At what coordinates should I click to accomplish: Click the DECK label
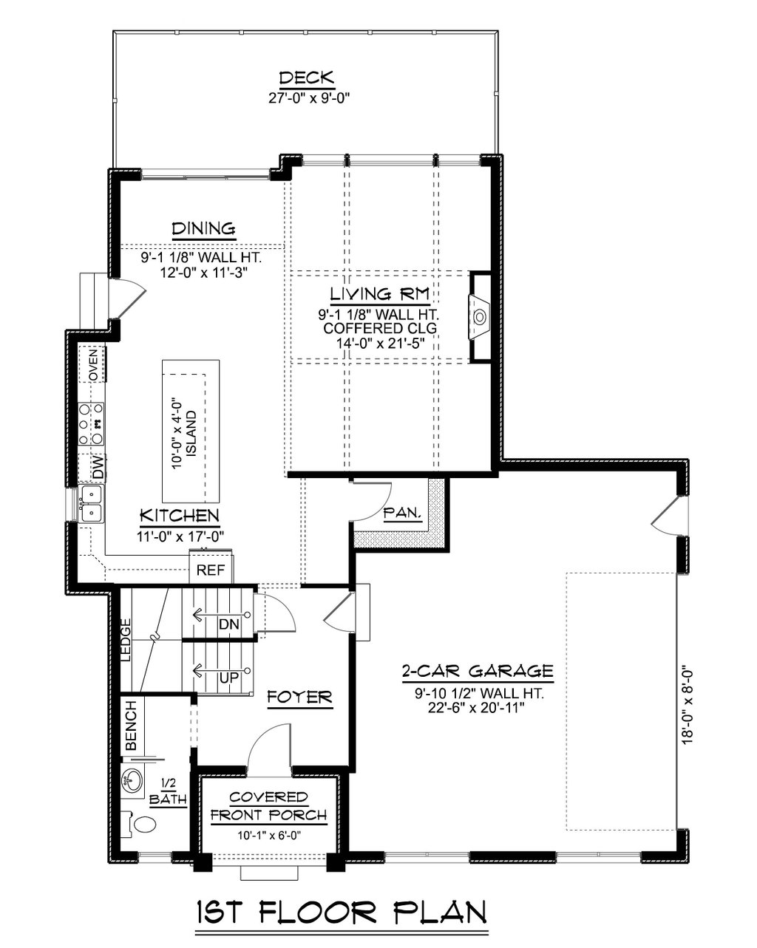pyautogui.click(x=307, y=78)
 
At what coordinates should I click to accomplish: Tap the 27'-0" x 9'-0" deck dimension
pyautogui.click(x=309, y=98)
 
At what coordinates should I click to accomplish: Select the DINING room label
pyautogui.click(x=204, y=229)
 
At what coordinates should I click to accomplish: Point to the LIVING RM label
pyautogui.click(x=379, y=294)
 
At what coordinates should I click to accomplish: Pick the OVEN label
pyautogui.click(x=93, y=365)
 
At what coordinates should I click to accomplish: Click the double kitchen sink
pyautogui.click(x=91, y=503)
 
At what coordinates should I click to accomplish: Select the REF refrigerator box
pyautogui.click(x=211, y=570)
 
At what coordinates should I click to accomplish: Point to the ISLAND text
pyautogui.click(x=191, y=434)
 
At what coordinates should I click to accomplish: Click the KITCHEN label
pyautogui.click(x=180, y=516)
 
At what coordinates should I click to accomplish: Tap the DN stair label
pyautogui.click(x=229, y=624)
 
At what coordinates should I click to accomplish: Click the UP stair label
pyautogui.click(x=229, y=678)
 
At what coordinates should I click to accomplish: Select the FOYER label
pyautogui.click(x=300, y=697)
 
